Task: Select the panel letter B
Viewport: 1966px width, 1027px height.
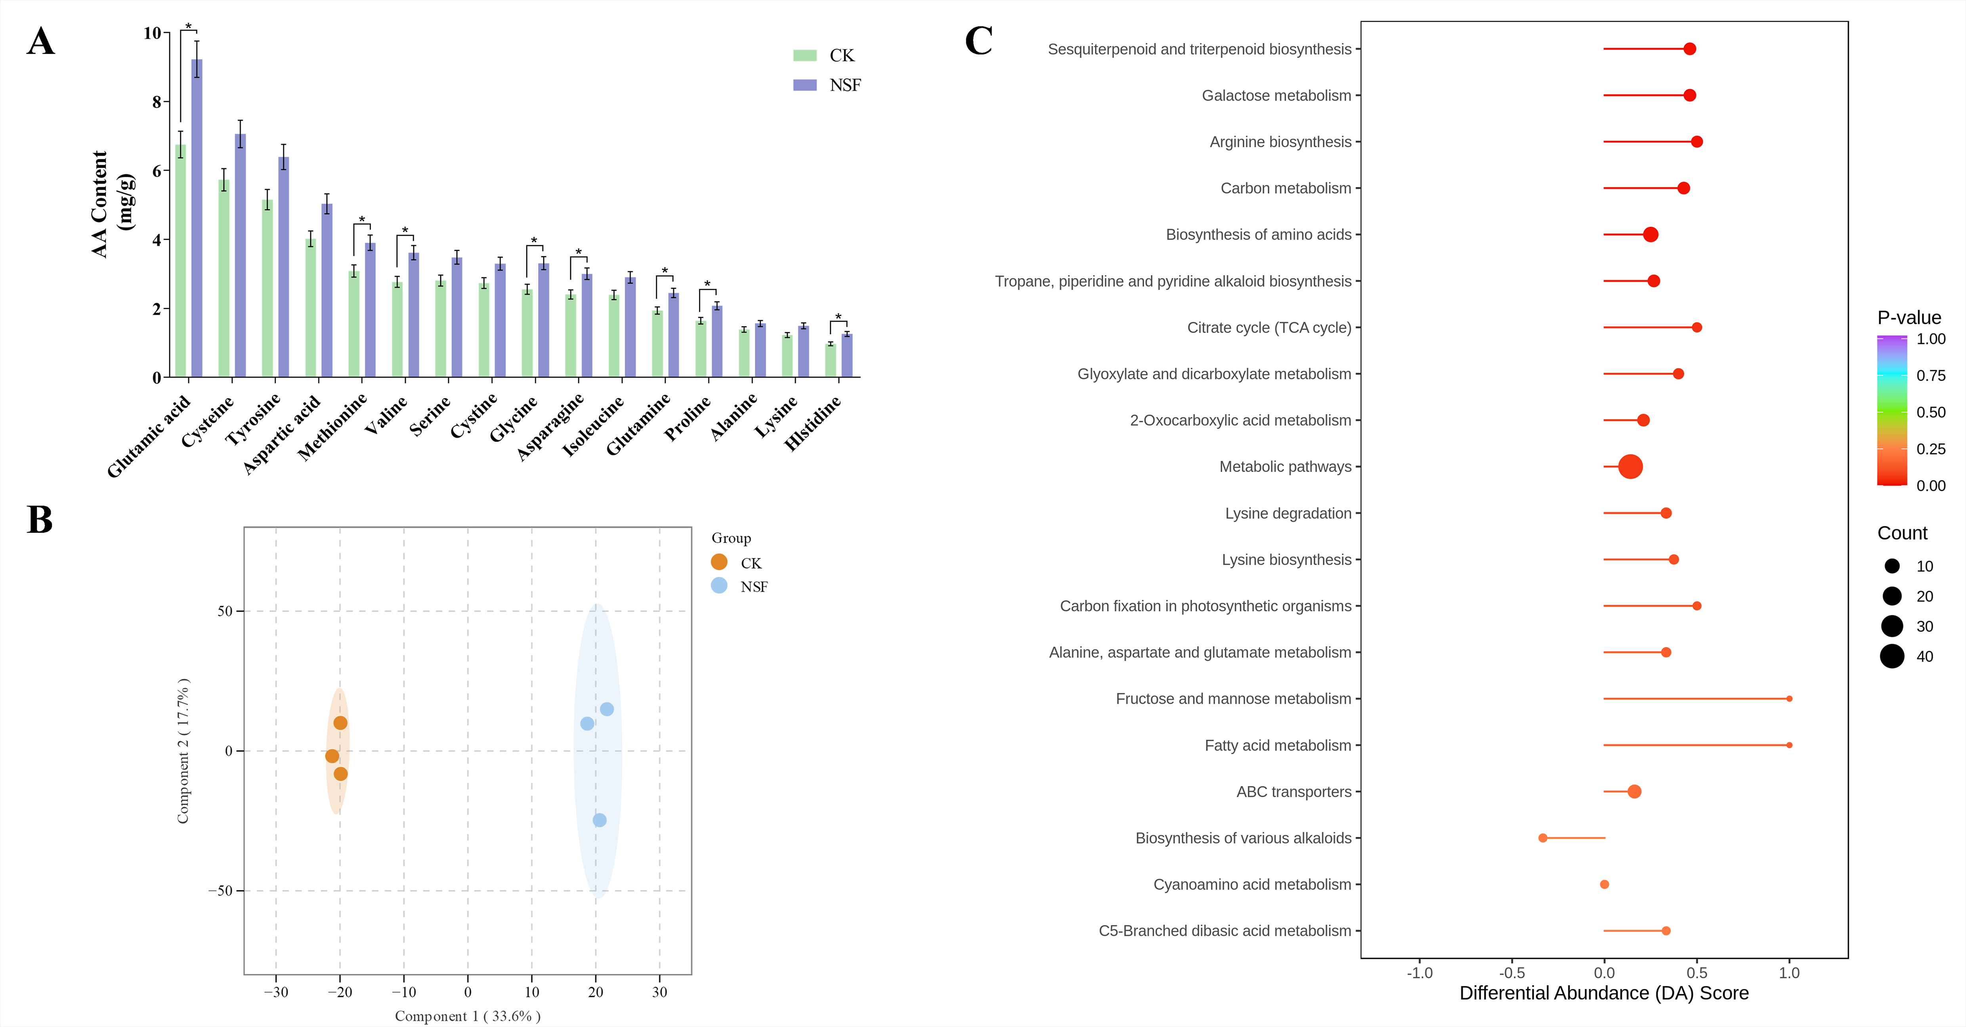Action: pyautogui.click(x=40, y=520)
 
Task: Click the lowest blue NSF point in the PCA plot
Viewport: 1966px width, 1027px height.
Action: pyautogui.click(x=600, y=820)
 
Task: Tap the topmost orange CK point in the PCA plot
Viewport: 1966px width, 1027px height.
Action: pyautogui.click(x=340, y=723)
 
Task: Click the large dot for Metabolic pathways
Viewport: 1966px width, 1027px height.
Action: pyautogui.click(x=1630, y=467)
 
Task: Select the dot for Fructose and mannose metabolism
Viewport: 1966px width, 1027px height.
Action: pyautogui.click(x=1789, y=699)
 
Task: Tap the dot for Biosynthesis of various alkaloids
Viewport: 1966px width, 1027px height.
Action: pyautogui.click(x=1542, y=838)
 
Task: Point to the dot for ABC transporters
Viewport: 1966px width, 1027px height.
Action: pyautogui.click(x=1634, y=791)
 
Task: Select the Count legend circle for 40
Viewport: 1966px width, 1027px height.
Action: pyautogui.click(x=1892, y=656)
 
